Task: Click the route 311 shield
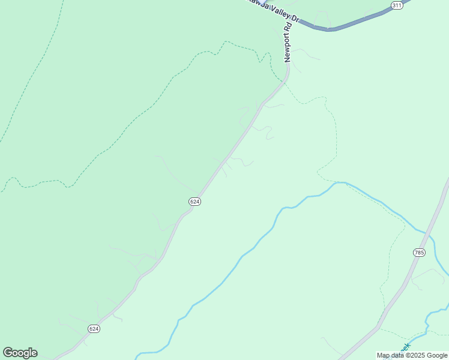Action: [x=396, y=5]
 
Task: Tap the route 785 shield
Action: [x=419, y=253]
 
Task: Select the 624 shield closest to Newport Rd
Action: [x=194, y=202]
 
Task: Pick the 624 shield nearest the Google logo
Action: [x=94, y=329]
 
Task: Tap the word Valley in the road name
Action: [x=276, y=8]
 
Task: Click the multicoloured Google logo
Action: [x=20, y=353]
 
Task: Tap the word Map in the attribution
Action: [x=384, y=356]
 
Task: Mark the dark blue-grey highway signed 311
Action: [x=348, y=25]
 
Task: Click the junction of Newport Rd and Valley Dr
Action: [x=290, y=18]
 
